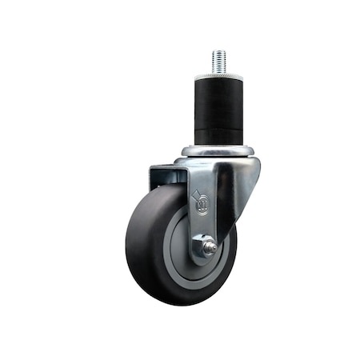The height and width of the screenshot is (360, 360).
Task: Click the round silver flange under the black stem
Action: pos(218,150)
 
